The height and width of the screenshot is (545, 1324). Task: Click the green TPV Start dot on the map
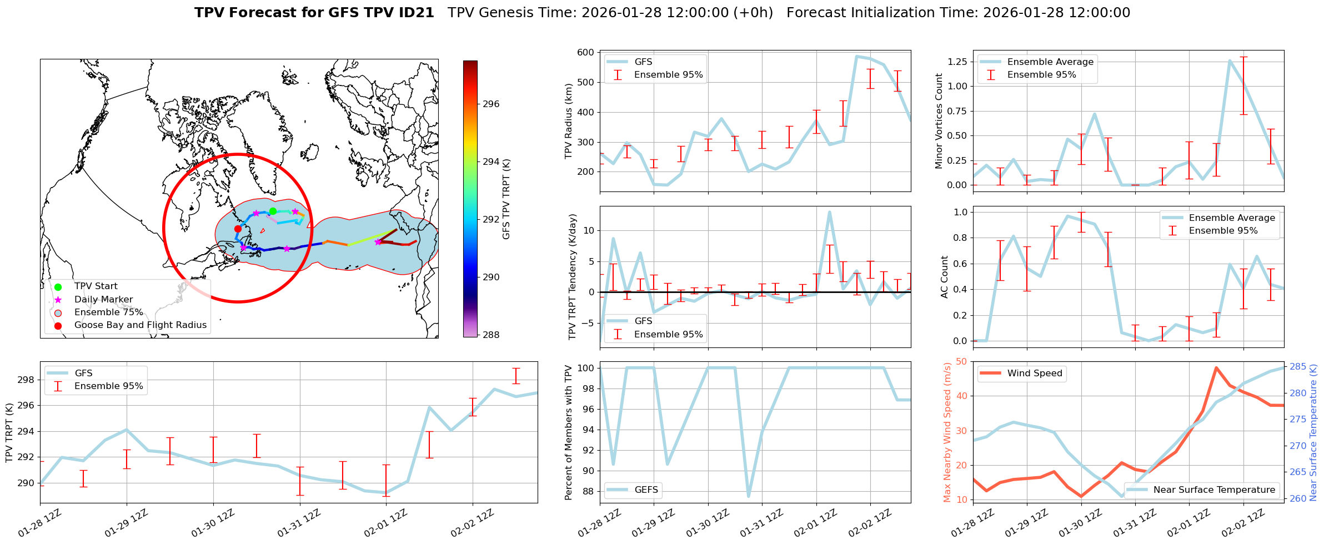(x=273, y=211)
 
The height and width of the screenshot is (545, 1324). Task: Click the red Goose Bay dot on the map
(x=238, y=229)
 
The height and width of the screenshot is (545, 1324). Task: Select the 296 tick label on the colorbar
(x=491, y=104)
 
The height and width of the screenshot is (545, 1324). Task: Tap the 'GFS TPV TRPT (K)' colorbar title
(x=506, y=199)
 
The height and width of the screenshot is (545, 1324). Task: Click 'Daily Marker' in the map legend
(x=103, y=300)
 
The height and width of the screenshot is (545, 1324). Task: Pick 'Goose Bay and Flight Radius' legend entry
(x=140, y=325)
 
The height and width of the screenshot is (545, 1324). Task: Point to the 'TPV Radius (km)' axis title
(x=568, y=121)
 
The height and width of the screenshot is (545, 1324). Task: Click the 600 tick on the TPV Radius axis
(x=586, y=53)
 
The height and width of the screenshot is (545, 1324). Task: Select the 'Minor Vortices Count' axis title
(x=939, y=121)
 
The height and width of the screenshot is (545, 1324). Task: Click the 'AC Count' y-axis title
(x=945, y=277)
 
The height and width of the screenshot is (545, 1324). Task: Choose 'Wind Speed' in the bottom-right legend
(x=1034, y=374)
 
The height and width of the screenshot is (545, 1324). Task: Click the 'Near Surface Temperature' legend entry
(x=1213, y=490)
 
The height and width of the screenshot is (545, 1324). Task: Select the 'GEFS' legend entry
(x=646, y=490)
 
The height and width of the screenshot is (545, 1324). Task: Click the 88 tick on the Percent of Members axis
(x=587, y=492)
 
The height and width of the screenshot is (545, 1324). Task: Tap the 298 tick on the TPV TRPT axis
(x=26, y=380)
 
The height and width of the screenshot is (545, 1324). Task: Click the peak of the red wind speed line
(x=1216, y=367)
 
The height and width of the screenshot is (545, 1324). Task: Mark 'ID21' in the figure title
(x=418, y=13)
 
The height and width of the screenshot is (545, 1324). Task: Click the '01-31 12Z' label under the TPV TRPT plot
(x=299, y=523)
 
